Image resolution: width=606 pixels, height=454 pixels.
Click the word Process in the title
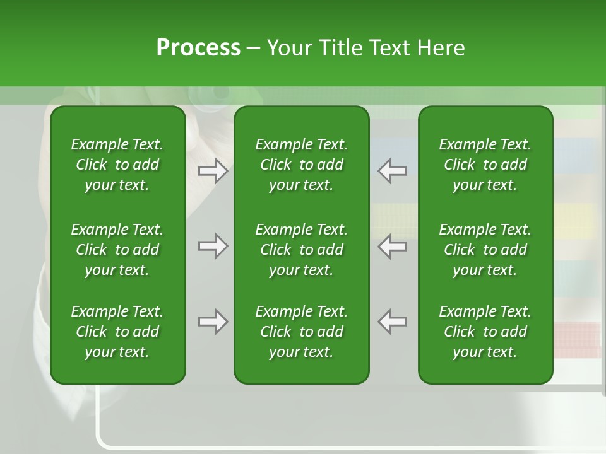[198, 48]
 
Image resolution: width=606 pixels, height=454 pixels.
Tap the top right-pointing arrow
[213, 171]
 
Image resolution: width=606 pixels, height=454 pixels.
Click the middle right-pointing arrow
[213, 247]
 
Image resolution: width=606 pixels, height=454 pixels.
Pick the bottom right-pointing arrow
[213, 322]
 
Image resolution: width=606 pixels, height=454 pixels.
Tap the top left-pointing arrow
[393, 171]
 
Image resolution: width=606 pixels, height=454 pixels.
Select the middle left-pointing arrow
[393, 247]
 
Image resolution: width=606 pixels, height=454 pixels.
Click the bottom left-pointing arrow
[393, 322]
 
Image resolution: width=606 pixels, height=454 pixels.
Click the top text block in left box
[117, 165]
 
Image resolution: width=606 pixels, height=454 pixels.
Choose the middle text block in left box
[117, 250]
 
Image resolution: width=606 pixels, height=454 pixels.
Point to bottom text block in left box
[117, 332]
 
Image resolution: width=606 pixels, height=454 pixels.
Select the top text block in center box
[301, 165]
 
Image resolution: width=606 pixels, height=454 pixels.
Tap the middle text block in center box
[301, 250]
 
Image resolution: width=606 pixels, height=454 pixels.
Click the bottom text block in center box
[301, 332]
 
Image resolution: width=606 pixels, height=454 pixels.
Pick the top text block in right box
[485, 165]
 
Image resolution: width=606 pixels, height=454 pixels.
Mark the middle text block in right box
[485, 250]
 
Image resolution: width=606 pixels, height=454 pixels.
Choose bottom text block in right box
[485, 332]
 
